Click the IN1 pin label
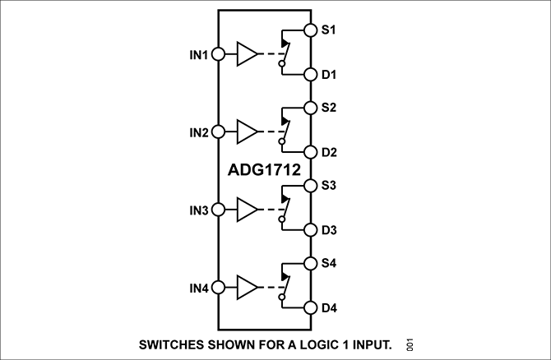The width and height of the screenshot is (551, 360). (199, 55)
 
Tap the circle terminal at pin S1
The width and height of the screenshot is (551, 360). (311, 30)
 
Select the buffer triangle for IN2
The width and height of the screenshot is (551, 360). (247, 132)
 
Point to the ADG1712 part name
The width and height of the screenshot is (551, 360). (264, 170)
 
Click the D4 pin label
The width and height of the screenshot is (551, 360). (330, 308)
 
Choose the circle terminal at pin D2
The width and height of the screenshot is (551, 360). (311, 152)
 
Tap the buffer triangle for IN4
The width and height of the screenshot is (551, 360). (247, 288)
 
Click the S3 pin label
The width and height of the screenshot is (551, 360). (330, 185)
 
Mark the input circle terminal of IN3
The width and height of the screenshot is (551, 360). (218, 210)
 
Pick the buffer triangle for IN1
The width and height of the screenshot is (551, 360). (247, 55)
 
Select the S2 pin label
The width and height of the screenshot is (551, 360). (330, 108)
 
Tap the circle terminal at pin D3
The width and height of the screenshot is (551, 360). (311, 230)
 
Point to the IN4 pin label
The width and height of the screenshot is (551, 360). (199, 288)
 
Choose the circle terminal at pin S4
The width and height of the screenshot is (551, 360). (311, 264)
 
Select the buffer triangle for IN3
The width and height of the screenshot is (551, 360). (247, 210)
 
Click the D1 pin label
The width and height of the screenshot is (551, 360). (330, 75)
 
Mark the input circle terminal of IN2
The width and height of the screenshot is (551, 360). (218, 132)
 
